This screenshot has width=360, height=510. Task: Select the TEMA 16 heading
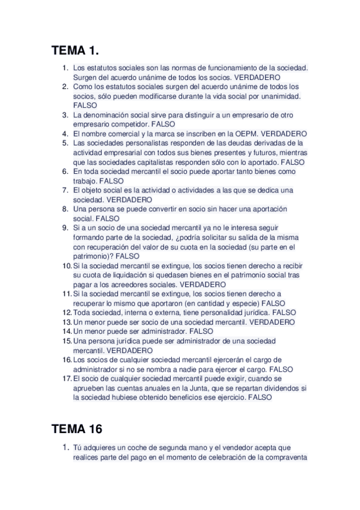[x=77, y=429]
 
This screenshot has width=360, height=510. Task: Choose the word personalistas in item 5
[x=136, y=143]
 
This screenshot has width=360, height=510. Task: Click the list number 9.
[x=65, y=228]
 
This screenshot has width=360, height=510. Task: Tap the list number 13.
[x=66, y=322]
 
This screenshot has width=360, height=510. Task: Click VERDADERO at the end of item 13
[x=272, y=322]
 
